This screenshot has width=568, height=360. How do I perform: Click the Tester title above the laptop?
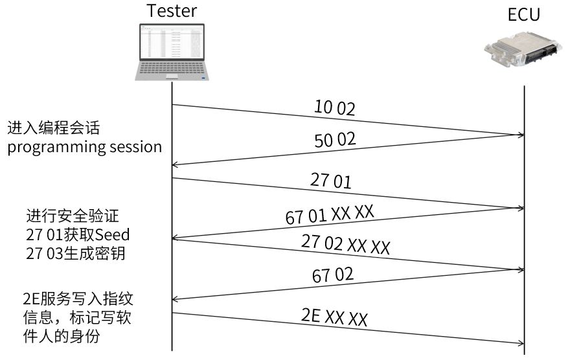coord(172,11)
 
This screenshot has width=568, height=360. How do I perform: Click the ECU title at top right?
coord(523,15)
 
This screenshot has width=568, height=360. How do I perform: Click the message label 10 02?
coord(334,107)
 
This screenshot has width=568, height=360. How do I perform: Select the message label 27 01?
coord(330,181)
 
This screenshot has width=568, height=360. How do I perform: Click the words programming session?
coord(84,147)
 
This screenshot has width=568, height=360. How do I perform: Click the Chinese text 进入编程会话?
coord(54,126)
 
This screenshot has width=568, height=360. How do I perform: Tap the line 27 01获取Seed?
coord(72,235)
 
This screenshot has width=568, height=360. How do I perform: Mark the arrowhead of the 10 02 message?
coord(520,135)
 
